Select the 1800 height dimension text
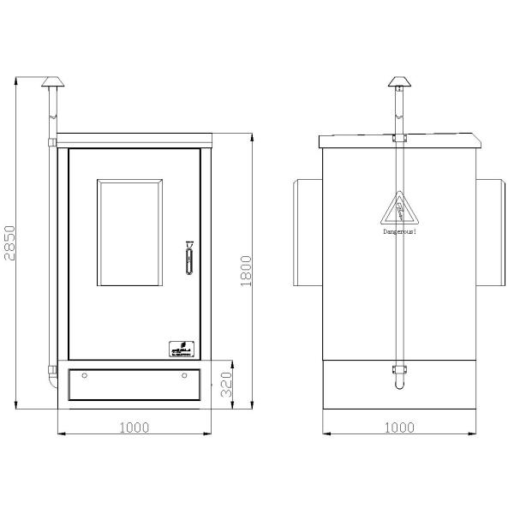pyautogui.click(x=247, y=272)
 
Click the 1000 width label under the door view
pyautogui.click(x=133, y=426)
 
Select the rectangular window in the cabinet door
pyautogui.click(x=129, y=233)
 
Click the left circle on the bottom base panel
pyautogui.click(x=83, y=376)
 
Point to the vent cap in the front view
pyautogui.click(x=51, y=83)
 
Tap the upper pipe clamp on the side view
pyautogui.click(x=397, y=137)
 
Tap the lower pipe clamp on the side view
pyautogui.click(x=397, y=369)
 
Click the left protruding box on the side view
pyautogui.click(x=307, y=232)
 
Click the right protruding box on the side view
pyautogui.click(x=489, y=232)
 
